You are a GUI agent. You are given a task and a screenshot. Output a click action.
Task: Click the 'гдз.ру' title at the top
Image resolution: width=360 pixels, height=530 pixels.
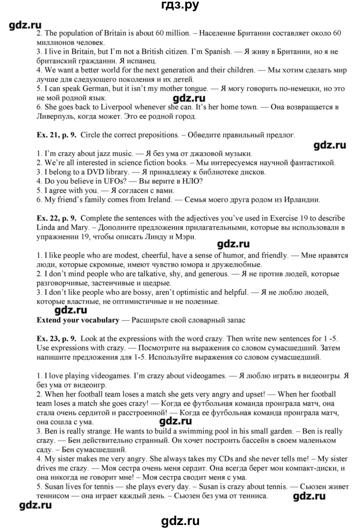(x=179, y=7)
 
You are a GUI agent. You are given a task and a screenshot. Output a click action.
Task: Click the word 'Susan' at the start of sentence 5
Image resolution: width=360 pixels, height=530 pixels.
(x=55, y=487)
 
